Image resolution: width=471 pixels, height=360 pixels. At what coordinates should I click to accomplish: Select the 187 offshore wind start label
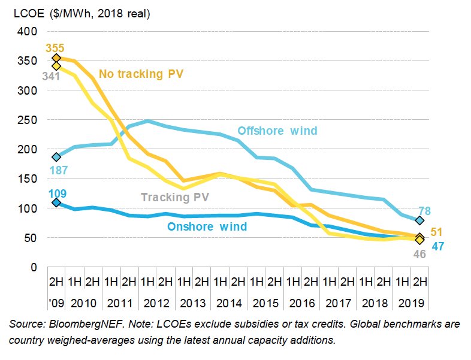click(58, 171)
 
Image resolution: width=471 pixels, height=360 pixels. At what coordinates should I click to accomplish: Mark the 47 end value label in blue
click(438, 246)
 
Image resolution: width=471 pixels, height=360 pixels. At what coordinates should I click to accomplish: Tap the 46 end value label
click(419, 254)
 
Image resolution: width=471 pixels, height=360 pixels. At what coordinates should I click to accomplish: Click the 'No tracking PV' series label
click(141, 74)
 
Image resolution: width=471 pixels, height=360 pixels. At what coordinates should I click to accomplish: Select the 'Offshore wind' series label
click(277, 131)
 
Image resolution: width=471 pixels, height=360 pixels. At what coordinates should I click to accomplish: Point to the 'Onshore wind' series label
click(207, 226)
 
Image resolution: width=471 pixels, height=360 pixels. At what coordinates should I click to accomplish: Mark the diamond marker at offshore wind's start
click(56, 157)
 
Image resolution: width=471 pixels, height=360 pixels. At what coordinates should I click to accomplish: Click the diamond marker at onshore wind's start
click(56, 202)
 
